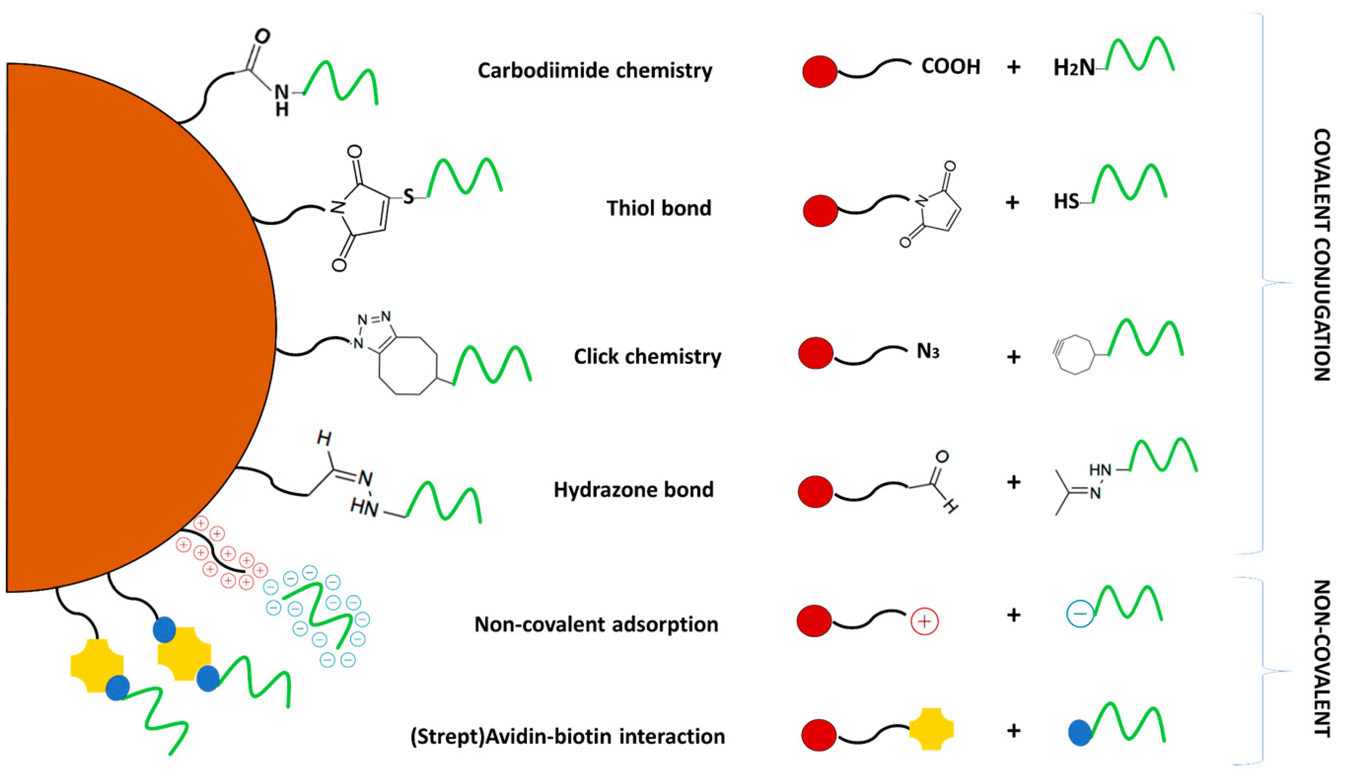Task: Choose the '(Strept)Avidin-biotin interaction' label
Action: (x=567, y=736)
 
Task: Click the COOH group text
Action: (x=950, y=67)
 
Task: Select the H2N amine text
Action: (x=1073, y=68)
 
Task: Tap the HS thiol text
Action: (x=1066, y=202)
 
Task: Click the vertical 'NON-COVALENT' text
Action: (x=1321, y=659)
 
